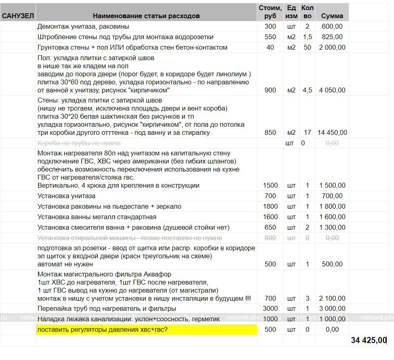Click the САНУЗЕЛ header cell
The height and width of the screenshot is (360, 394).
click(18, 16)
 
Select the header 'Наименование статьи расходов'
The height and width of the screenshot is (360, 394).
click(146, 16)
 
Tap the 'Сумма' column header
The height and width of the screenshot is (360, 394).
click(332, 16)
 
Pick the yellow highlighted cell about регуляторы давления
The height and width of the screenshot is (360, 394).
click(146, 330)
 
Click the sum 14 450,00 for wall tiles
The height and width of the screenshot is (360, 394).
click(332, 132)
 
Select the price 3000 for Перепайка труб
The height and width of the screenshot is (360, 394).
click(270, 308)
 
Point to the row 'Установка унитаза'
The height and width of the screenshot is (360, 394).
click(67, 196)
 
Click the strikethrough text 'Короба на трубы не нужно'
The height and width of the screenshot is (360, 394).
click(79, 143)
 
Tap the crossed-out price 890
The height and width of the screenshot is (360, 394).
click(270, 238)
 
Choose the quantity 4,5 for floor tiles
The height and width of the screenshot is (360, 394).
click(307, 90)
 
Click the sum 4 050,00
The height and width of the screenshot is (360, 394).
click(332, 90)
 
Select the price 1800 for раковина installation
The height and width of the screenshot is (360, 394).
click(270, 206)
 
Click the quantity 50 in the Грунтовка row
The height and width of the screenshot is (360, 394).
click(307, 47)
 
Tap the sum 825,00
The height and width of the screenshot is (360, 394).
click(332, 37)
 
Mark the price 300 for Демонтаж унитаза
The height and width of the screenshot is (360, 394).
click(270, 26)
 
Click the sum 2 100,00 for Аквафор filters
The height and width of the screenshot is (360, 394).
click(332, 298)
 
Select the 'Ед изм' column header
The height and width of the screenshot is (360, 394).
click(291, 12)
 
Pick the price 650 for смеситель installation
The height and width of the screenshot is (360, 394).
click(270, 227)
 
